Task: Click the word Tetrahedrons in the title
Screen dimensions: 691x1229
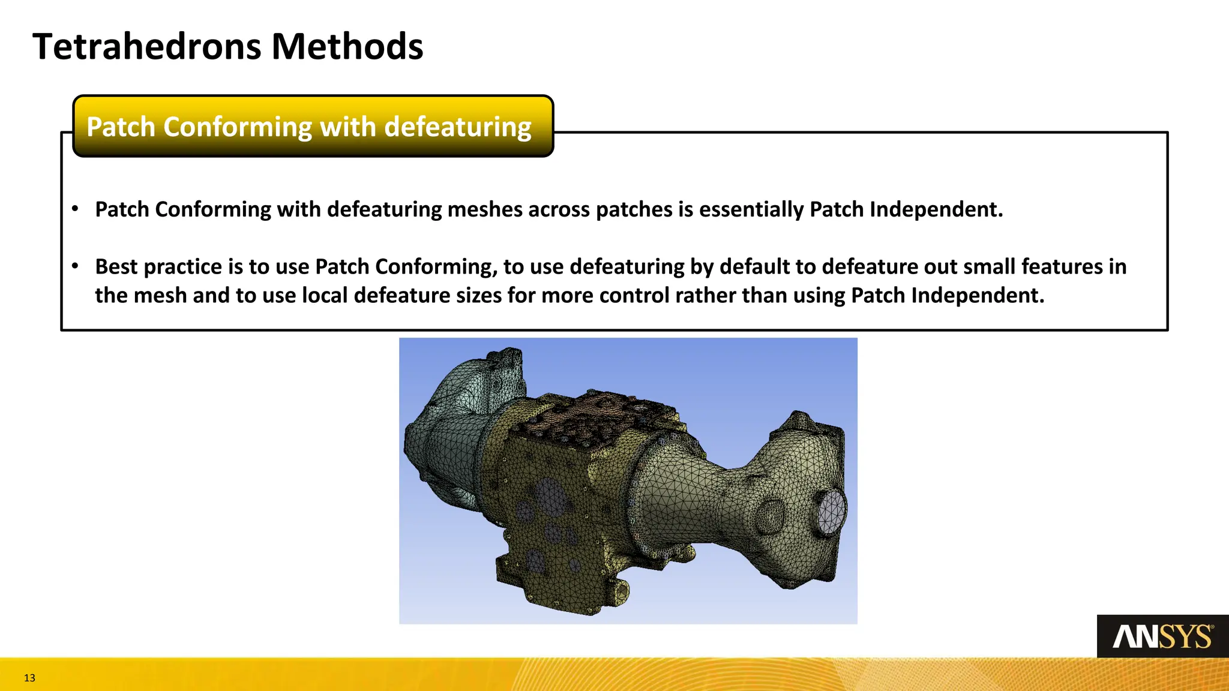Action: coord(147,47)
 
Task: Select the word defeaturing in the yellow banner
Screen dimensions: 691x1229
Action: coord(458,127)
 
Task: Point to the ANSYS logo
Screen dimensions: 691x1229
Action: coord(1162,636)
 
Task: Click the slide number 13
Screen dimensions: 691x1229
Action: coord(29,678)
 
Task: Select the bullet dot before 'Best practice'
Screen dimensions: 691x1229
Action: coord(75,266)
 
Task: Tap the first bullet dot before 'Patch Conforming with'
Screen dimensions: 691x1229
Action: coord(75,209)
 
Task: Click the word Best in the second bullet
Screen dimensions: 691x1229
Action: coord(116,266)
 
